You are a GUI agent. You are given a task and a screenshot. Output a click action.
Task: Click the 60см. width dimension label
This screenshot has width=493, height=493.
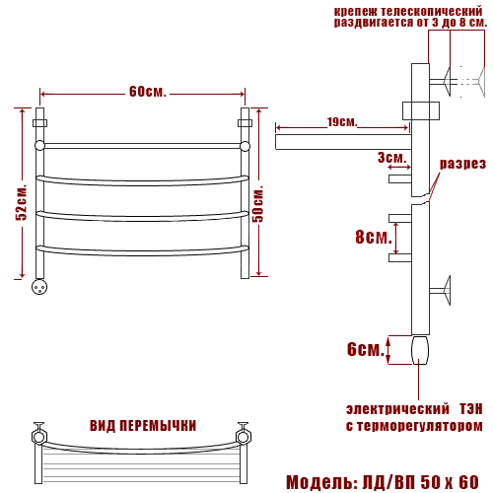[148, 92]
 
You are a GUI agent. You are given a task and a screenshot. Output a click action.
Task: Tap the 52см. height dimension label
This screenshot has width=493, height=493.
[22, 202]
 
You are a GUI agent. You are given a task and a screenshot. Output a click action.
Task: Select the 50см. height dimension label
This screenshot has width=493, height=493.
[258, 204]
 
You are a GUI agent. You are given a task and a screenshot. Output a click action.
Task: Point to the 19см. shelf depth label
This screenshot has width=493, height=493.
[342, 122]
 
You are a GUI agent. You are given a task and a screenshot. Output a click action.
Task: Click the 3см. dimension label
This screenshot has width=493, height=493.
[391, 158]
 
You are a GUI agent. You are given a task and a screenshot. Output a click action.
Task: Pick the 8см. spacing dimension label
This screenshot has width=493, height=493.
[374, 237]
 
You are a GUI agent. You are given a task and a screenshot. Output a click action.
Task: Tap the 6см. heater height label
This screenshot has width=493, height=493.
[366, 349]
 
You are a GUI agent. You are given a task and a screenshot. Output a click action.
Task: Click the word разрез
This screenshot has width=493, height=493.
[462, 164]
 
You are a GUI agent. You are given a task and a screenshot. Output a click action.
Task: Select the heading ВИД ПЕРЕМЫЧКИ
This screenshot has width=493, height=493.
[143, 426]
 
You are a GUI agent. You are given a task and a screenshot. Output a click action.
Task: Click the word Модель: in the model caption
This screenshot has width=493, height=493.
[322, 482]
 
